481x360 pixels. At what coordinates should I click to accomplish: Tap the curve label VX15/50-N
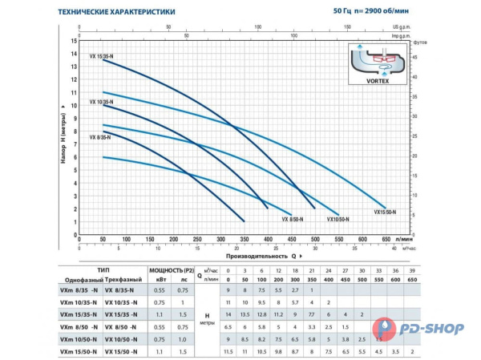pos(384,212)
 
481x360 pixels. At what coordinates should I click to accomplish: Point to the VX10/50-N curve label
pos(340,218)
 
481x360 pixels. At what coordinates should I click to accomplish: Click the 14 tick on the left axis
pos(74,54)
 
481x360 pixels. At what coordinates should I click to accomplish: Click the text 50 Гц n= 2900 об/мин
pos(377,10)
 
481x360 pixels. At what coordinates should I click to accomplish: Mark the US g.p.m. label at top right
pos(404,26)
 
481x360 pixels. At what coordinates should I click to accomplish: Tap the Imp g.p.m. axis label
pos(402,35)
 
